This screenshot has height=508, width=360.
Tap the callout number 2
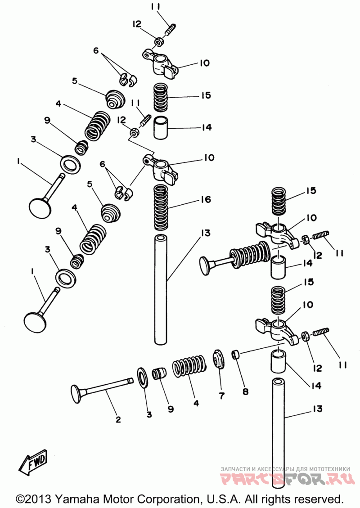click(x=118, y=419)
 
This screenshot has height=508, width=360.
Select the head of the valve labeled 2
click(x=75, y=394)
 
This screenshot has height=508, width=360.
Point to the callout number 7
click(x=222, y=396)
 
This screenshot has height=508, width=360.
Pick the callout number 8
click(x=246, y=392)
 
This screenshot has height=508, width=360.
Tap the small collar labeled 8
click(x=235, y=354)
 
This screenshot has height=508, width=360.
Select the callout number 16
click(x=206, y=199)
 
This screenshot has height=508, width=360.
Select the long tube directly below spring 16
click(x=161, y=290)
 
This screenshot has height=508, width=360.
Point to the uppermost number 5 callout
click(x=75, y=81)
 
